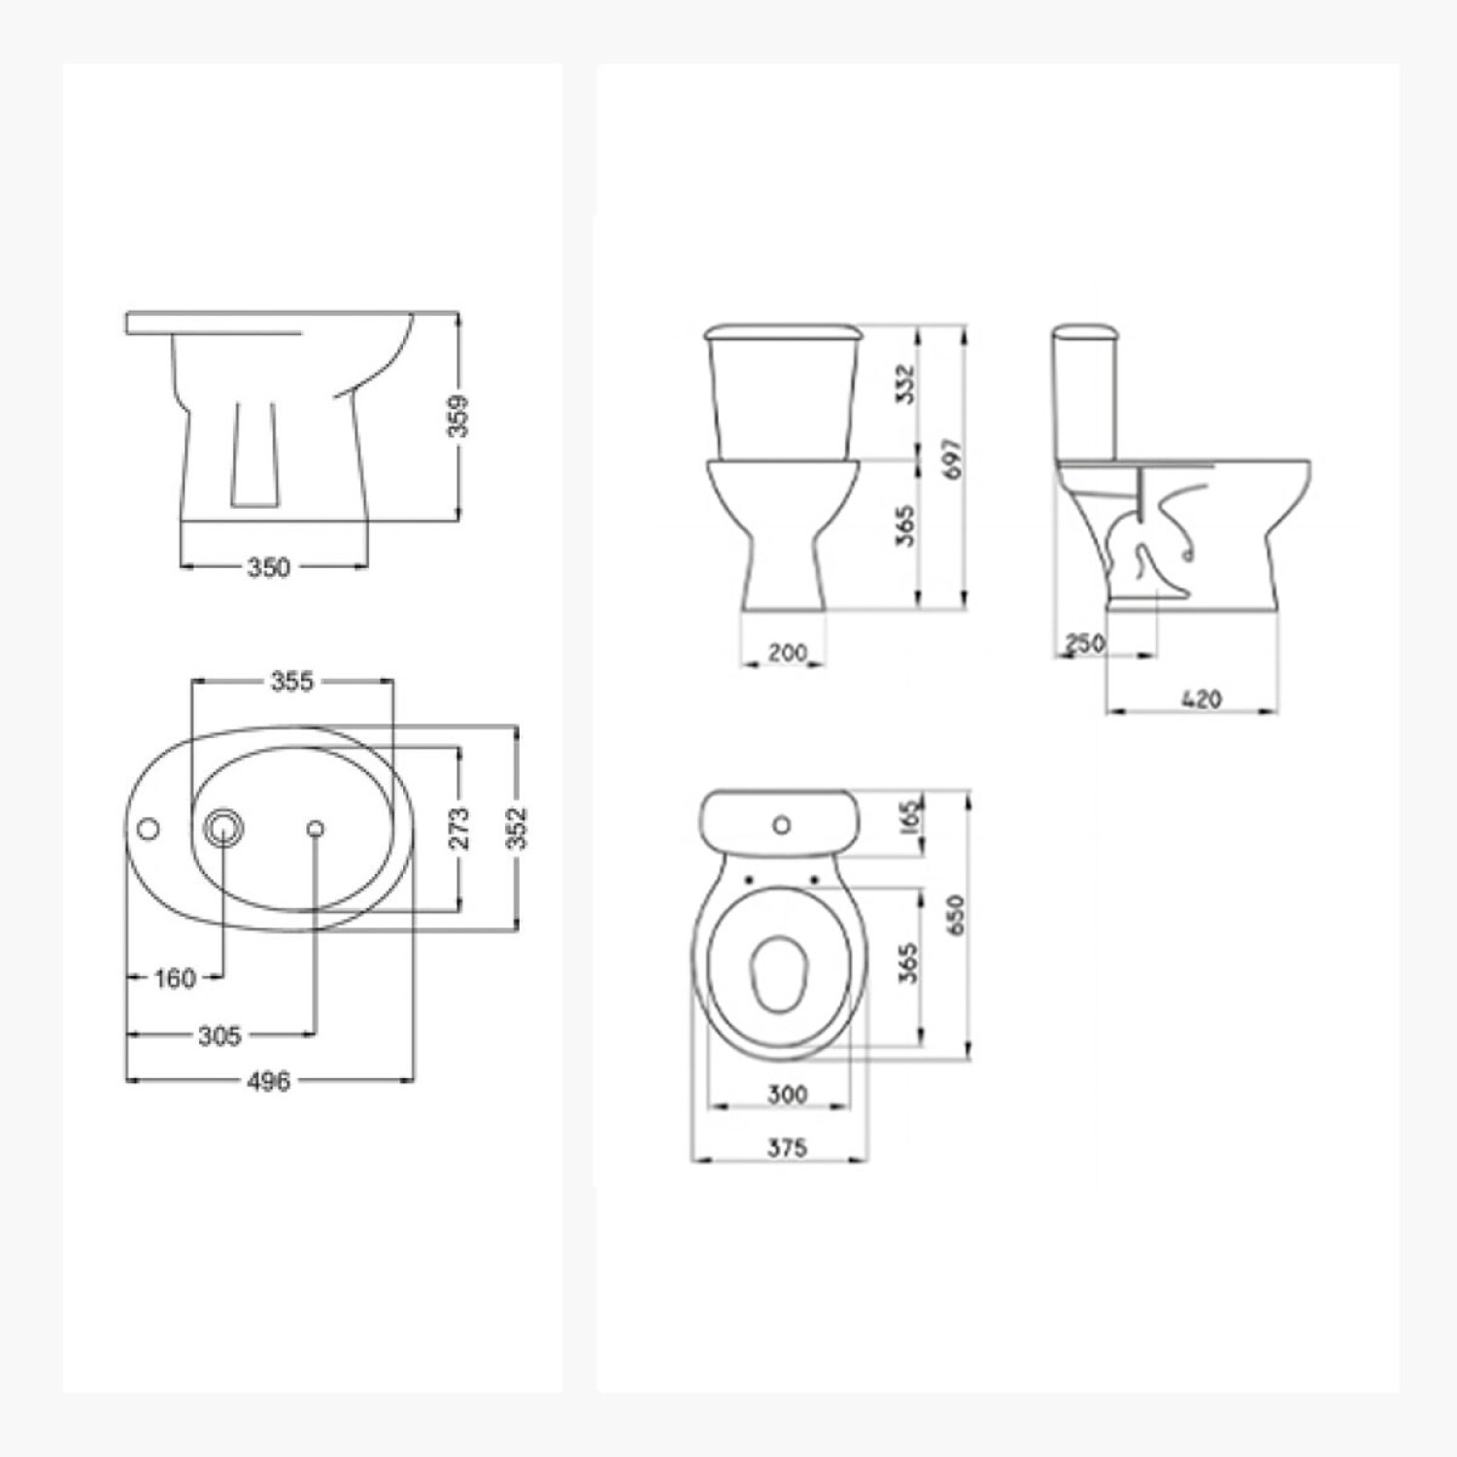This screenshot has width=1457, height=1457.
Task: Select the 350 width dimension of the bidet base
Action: (x=269, y=566)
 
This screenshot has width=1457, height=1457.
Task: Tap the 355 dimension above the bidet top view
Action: (x=292, y=681)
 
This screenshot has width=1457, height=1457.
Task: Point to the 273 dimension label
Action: (x=458, y=828)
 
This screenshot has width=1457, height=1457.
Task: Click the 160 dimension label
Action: (x=175, y=978)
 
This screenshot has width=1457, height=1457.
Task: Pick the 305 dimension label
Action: (x=220, y=1035)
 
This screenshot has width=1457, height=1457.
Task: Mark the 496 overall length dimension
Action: (x=269, y=1080)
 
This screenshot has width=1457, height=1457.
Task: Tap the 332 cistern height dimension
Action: (x=905, y=385)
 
